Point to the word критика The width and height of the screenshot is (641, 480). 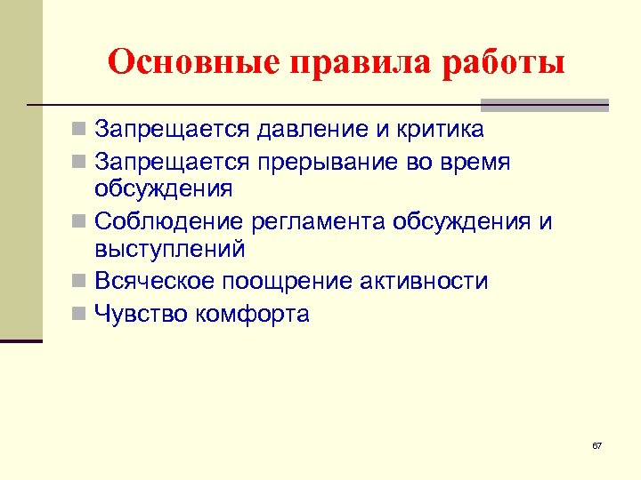[437, 130]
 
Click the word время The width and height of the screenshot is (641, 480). [479, 162]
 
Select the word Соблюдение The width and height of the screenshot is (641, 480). [169, 221]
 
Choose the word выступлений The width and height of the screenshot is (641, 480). [169, 251]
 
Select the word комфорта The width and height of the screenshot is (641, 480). [259, 313]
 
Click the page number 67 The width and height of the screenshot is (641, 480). [596, 444]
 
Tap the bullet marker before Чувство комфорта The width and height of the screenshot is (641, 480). [80, 314]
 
